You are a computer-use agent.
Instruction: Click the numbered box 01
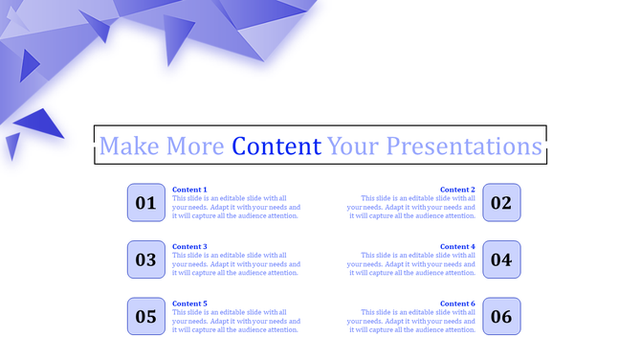[x=146, y=203]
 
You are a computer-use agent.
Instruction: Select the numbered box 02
[x=501, y=203]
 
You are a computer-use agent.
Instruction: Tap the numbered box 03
[x=146, y=259]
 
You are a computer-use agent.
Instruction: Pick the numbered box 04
[x=501, y=259]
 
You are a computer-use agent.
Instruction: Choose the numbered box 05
[x=146, y=316]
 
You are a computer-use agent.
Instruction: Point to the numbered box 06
[x=501, y=316]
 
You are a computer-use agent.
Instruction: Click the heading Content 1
[x=189, y=190]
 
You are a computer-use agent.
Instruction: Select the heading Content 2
[x=457, y=190]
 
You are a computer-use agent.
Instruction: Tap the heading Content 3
[x=189, y=246]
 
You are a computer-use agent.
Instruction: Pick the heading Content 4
[x=457, y=246]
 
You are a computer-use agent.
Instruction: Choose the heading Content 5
[x=189, y=304]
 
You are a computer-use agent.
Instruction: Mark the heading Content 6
[x=457, y=304]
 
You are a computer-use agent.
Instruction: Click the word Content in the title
[x=276, y=146]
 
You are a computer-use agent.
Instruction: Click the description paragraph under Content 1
[x=235, y=207]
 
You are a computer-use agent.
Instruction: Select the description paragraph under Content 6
[x=412, y=321]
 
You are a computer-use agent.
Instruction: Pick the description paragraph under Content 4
[x=412, y=264]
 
